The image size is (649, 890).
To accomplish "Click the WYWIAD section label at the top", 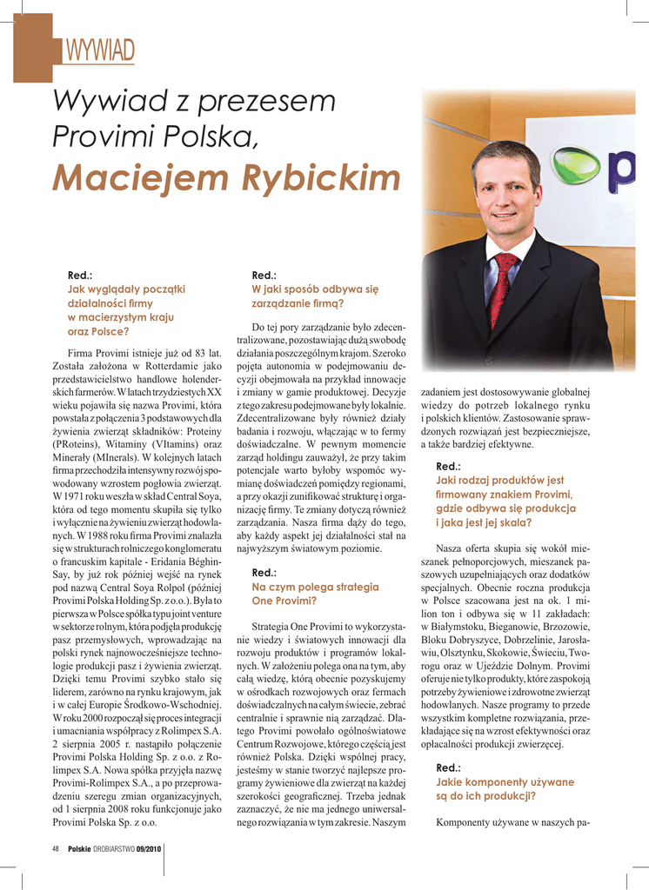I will [100, 51].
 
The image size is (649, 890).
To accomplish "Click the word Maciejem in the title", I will [133, 178].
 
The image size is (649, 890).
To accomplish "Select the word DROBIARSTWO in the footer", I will [112, 849].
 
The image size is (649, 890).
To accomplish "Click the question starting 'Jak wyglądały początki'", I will [126, 289].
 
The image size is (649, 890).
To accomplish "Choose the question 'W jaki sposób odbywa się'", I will [315, 289].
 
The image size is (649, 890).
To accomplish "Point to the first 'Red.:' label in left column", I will [80, 275].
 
